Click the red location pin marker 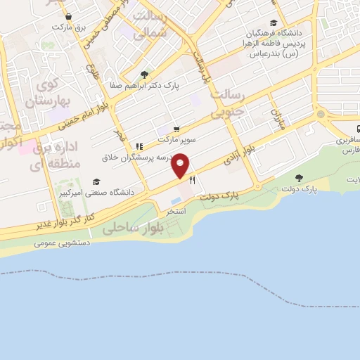[181, 165]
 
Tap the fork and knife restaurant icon [192, 181]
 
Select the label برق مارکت [70, 27]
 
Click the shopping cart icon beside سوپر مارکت [176, 129]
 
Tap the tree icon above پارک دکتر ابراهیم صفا [144, 75]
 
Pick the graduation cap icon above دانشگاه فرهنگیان [273, 22]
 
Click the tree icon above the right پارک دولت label [300, 177]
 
